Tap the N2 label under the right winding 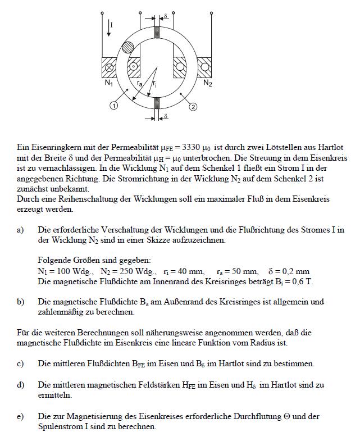(x=207, y=83)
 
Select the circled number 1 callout (x=113, y=105)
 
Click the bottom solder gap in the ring (x=157, y=103)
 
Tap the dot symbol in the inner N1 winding (x=134, y=66)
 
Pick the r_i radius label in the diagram (x=154, y=83)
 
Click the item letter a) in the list (x=21, y=230)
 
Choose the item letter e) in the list (x=21, y=417)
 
